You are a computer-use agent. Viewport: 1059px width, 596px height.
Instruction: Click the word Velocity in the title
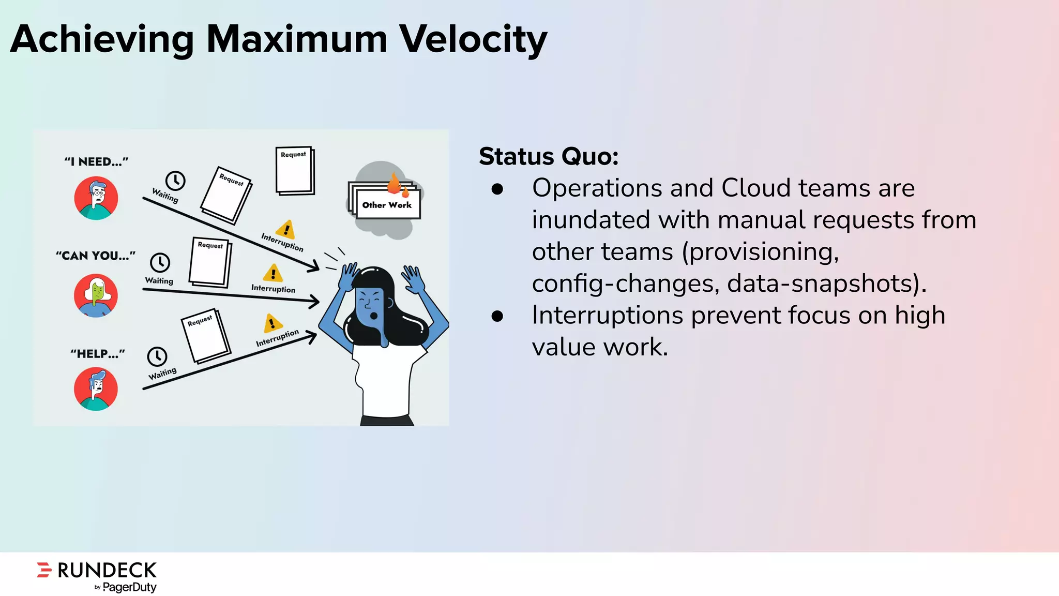click(x=473, y=39)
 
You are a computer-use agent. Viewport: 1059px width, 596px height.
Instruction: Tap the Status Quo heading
click(x=548, y=156)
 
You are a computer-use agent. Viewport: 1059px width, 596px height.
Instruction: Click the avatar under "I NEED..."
click(x=96, y=198)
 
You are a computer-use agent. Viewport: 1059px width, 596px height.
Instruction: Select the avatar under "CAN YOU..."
click(x=96, y=295)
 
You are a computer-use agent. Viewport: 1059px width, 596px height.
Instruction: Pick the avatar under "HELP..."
click(x=96, y=389)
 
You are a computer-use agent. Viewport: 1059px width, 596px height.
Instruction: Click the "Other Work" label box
click(x=387, y=205)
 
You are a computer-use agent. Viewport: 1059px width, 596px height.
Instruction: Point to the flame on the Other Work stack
click(x=395, y=183)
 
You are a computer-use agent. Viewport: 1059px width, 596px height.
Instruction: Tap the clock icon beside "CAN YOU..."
click(x=160, y=262)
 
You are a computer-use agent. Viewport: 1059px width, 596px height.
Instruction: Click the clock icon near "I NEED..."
click(x=175, y=181)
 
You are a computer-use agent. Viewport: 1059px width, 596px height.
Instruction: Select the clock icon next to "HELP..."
click(x=157, y=356)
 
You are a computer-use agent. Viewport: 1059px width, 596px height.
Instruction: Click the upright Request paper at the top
click(x=295, y=171)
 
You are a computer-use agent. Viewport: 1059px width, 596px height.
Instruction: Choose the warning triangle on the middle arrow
click(x=273, y=273)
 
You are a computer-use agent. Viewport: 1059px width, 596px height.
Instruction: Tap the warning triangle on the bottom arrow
click(x=272, y=323)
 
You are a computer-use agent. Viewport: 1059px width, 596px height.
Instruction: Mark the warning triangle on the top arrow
click(x=285, y=229)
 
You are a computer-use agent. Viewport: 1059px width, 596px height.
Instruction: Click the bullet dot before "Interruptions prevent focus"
click(x=497, y=316)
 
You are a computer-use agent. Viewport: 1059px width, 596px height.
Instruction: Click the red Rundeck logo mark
click(x=44, y=570)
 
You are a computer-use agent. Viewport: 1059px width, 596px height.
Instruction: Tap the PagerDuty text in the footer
click(x=129, y=587)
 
